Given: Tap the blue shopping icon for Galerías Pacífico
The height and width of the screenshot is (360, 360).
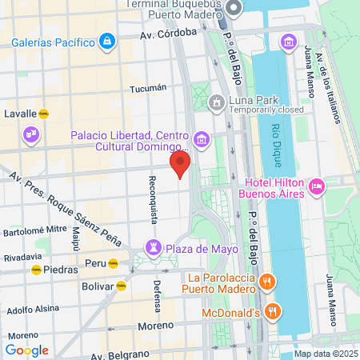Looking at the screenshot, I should tap(106, 40).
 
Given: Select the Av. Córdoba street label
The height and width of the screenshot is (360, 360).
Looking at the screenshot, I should tap(168, 34).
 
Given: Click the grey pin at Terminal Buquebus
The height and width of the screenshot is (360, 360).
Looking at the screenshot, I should tap(234, 9).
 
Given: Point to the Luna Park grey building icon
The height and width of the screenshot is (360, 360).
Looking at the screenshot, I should tap(215, 102).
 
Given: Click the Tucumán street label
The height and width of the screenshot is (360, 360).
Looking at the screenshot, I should tap(147, 88).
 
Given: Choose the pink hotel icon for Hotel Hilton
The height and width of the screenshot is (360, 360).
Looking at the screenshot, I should tap(317, 186).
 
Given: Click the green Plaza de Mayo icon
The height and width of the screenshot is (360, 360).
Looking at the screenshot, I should tap(153, 248).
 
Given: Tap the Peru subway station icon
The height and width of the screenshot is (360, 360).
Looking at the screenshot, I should tap(114, 262).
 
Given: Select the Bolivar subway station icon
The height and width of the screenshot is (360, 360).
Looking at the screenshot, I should tap(121, 285).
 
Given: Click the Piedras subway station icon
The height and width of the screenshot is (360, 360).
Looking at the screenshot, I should tap(36, 270).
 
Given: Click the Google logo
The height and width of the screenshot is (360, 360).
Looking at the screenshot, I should tap(26, 350).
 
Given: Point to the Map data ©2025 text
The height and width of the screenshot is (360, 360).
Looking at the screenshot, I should tap(325, 354).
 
